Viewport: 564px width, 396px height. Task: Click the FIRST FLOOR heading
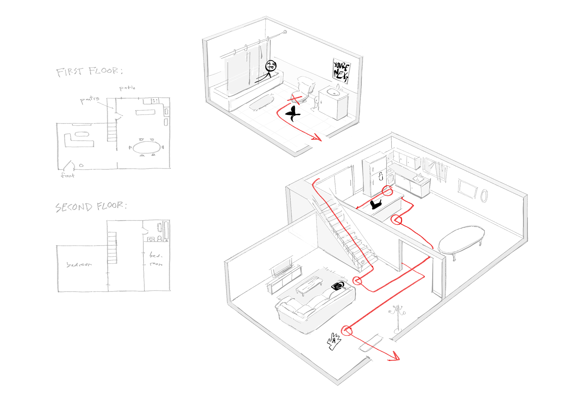coord(89,71)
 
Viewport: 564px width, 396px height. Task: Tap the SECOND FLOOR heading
coord(91,207)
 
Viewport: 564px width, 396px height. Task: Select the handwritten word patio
coord(127,88)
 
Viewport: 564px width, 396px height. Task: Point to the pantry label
coord(90,100)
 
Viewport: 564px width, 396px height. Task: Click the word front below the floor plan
coord(68,176)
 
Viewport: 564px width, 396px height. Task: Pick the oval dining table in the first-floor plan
coord(147,147)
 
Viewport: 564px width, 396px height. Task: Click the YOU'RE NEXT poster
coord(341,71)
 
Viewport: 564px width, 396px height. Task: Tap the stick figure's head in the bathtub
coord(271,66)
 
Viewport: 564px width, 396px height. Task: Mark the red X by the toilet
coord(296,99)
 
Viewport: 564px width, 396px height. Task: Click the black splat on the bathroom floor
coord(293,113)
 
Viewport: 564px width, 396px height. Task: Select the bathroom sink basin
coord(333,92)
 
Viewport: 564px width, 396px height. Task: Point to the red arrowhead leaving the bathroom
coord(318,137)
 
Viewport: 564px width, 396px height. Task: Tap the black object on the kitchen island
coord(375,204)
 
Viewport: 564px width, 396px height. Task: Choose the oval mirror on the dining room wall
coord(484,196)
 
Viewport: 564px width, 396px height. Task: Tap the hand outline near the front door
coord(334,342)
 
